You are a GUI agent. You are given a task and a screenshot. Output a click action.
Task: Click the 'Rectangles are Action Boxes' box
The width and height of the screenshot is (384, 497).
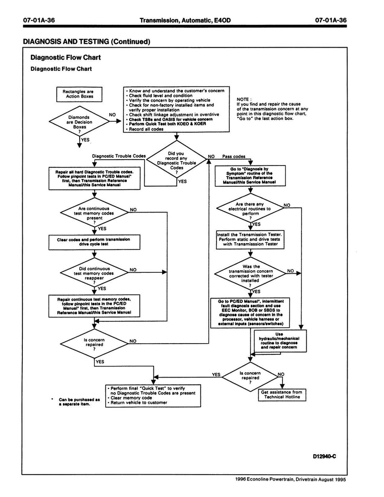[x=79, y=94]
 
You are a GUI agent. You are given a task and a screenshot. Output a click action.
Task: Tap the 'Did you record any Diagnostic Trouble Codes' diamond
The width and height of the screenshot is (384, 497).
[x=177, y=162]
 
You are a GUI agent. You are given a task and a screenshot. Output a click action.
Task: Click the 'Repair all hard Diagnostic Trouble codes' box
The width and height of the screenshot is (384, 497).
[x=95, y=178]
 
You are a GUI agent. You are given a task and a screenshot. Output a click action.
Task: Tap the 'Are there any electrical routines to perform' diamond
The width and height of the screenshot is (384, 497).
[x=250, y=209]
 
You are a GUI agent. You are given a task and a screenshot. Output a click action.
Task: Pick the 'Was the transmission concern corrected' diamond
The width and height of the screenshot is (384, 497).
[x=250, y=274]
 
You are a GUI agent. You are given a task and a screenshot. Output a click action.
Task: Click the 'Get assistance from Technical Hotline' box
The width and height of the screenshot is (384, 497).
[x=282, y=395]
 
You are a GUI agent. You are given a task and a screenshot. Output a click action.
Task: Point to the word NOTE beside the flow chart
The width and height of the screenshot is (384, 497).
[x=243, y=99]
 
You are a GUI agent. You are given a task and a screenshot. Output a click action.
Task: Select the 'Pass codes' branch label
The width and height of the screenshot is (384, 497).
[x=234, y=157]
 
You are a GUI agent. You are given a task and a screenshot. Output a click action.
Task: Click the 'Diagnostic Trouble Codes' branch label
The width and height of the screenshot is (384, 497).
[x=118, y=157]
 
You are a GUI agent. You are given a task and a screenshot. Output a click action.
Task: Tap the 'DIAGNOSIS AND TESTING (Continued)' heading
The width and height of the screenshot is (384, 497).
[x=86, y=42]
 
